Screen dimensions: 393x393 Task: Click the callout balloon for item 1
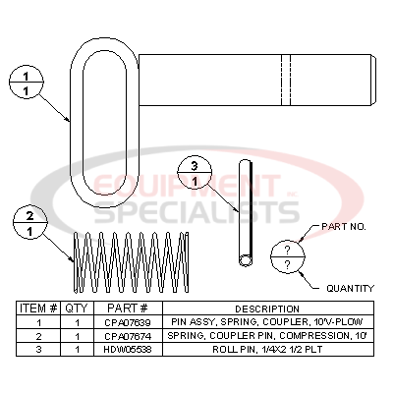(29, 81)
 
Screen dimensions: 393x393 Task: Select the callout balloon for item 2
(29, 224)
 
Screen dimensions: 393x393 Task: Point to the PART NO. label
(344, 227)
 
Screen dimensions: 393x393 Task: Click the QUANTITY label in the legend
(350, 288)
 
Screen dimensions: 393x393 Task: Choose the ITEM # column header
(39, 309)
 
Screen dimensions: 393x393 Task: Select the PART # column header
(123, 309)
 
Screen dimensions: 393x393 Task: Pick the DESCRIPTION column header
(260, 309)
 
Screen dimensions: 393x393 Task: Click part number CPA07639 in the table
(123, 321)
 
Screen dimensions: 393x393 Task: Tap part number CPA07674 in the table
(123, 334)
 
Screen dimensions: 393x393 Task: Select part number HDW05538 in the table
(123, 347)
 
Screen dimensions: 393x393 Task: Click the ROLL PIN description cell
(260, 347)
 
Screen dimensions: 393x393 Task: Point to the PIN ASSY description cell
(260, 321)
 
